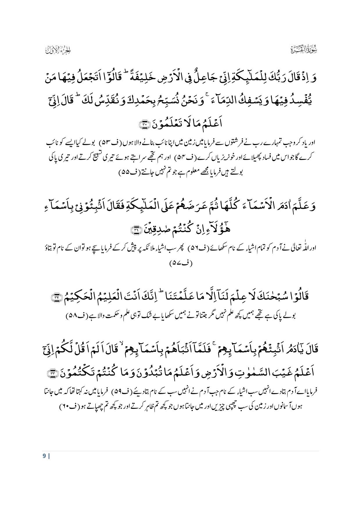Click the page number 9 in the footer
44,456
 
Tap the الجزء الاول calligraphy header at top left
58,50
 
